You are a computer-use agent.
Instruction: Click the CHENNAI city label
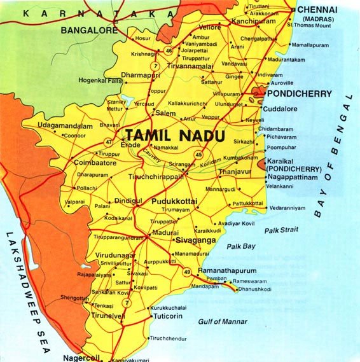click(x=322, y=10)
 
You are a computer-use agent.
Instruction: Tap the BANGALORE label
click(x=89, y=29)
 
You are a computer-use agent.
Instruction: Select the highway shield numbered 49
click(x=187, y=272)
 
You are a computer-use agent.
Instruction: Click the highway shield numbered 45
click(x=199, y=153)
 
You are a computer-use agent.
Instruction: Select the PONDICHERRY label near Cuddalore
click(x=300, y=94)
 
